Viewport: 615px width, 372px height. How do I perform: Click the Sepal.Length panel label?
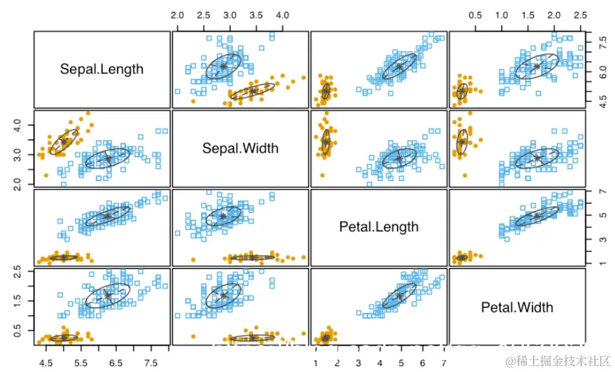102,69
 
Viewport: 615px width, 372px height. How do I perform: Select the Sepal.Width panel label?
240,148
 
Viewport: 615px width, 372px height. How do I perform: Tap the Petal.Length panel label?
379,227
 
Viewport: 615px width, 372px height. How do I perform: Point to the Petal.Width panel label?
517,307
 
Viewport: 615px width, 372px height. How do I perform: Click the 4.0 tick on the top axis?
282,15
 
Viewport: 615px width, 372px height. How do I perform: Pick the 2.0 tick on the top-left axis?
178,15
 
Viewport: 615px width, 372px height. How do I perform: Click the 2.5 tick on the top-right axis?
580,15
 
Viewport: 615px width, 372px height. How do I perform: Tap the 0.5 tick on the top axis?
475,15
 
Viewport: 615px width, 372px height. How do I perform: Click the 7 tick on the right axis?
602,192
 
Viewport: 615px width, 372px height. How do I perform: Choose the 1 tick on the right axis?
602,264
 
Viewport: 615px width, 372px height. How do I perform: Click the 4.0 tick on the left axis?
18,124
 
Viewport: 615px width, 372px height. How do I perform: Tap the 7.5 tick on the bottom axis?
151,363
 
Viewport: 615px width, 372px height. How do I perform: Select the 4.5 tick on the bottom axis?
46,363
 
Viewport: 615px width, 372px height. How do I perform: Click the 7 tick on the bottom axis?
444,363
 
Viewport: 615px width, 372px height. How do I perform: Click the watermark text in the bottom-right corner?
559,361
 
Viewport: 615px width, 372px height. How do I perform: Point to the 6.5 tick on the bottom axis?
116,363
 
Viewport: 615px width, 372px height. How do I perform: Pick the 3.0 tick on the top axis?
230,15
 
